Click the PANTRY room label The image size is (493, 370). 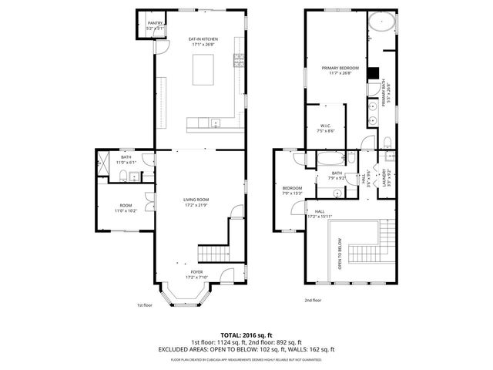[155, 25]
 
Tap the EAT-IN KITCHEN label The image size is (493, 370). [204, 42]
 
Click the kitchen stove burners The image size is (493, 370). [239, 62]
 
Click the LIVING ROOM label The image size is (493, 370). [196, 202]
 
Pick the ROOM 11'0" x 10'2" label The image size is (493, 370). [125, 207]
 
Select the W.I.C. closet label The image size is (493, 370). [325, 128]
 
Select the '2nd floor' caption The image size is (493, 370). [312, 300]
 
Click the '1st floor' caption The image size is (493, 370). [144, 304]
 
